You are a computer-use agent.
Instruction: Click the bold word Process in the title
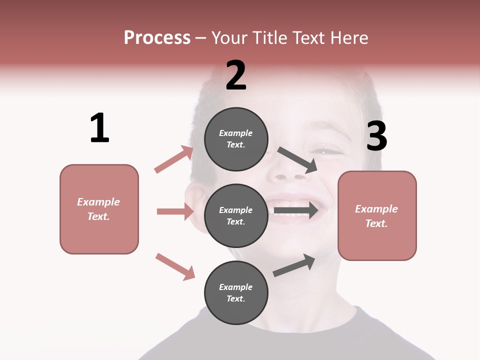click(x=157, y=38)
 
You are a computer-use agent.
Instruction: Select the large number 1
click(x=99, y=128)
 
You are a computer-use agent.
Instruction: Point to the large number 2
click(x=236, y=75)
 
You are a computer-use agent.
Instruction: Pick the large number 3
click(x=376, y=136)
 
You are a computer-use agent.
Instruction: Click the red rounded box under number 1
click(x=99, y=209)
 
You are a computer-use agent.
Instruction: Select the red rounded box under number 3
click(x=377, y=215)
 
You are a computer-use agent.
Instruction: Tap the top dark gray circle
click(x=236, y=139)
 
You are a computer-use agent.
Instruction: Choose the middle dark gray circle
click(x=236, y=215)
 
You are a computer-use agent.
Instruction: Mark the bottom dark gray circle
click(x=236, y=292)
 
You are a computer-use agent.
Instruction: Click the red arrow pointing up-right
click(x=174, y=159)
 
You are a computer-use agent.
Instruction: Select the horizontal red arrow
click(x=175, y=211)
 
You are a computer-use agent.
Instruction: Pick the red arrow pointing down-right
click(x=175, y=266)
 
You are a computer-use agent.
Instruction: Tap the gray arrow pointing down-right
click(x=297, y=159)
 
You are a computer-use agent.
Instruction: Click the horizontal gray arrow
click(x=296, y=210)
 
